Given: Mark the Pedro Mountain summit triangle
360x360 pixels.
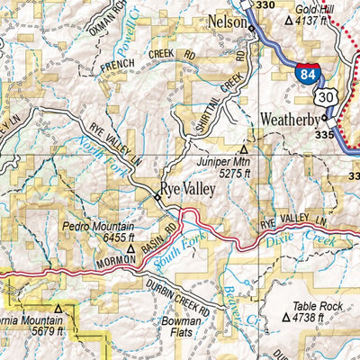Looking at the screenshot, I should pyautogui.click(x=130, y=248).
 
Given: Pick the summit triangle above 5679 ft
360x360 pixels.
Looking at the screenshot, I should pyautogui.click(x=58, y=309).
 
